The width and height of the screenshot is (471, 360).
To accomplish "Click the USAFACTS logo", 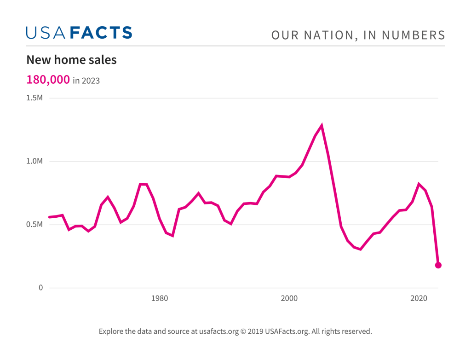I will point(79,33).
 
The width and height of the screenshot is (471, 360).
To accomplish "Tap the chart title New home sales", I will point(71,60).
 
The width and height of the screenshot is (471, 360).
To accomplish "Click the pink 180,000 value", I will point(48,80).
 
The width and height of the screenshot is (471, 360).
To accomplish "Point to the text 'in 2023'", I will point(86,81).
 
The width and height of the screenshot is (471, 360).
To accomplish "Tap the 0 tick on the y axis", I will point(40,288).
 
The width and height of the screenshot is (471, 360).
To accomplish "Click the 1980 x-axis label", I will point(159,298).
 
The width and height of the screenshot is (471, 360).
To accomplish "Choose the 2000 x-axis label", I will point(289,298).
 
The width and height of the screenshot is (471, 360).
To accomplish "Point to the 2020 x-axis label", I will point(419,298).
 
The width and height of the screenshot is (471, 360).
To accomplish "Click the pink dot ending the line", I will point(438,265).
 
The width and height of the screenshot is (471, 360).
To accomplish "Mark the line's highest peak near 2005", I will point(322,125).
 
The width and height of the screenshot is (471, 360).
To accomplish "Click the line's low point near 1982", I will point(172,236).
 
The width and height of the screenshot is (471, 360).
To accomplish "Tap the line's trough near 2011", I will point(361,249).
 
